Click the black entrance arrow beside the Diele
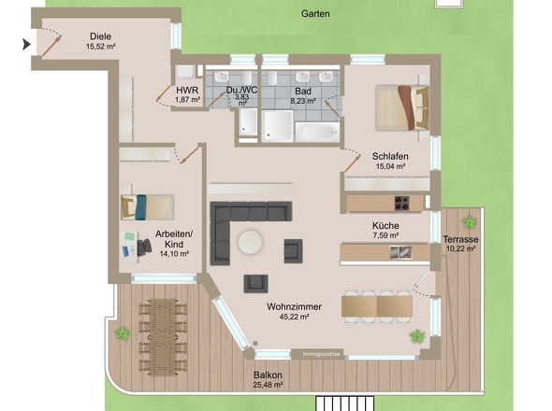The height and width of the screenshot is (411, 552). [x=26, y=45]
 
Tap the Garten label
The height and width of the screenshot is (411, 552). [x=315, y=14]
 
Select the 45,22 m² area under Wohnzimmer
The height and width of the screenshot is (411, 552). [x=295, y=317]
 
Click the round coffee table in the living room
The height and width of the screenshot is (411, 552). [x=250, y=242]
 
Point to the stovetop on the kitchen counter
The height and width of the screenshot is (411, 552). [x=401, y=203]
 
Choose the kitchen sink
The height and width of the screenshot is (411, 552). [x=401, y=252]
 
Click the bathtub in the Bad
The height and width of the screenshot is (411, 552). [x=317, y=133]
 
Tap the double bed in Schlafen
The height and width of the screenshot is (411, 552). [x=402, y=108]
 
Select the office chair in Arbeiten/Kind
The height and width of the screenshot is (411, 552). [x=144, y=247]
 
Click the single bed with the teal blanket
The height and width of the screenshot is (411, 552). [x=148, y=207]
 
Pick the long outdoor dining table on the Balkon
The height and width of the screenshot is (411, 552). [x=163, y=337]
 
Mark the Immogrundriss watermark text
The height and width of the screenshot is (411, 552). [x=322, y=354]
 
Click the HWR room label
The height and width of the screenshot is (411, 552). [x=187, y=91]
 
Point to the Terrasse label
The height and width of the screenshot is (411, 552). [x=460, y=239]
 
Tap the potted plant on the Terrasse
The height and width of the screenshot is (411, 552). [x=470, y=222]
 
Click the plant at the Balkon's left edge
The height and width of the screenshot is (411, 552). [x=123, y=333]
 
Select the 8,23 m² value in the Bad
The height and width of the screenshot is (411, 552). [x=303, y=101]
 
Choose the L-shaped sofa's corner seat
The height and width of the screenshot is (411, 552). [x=220, y=212]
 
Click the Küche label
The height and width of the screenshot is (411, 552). [x=385, y=226]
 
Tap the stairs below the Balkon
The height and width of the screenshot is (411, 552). [x=344, y=404]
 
